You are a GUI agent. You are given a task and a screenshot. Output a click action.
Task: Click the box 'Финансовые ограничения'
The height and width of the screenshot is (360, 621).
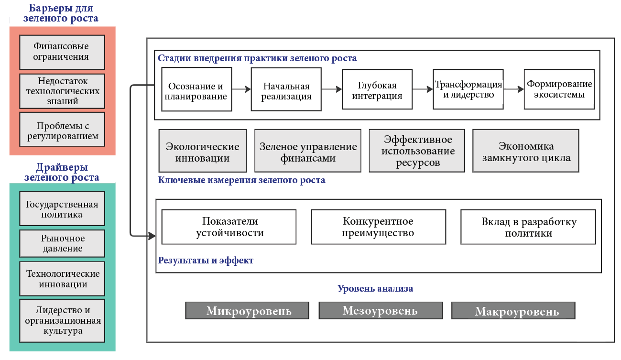pyautogui.click(x=62, y=52)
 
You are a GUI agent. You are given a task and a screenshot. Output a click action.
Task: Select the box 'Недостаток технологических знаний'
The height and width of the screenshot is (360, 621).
pyautogui.click(x=62, y=91)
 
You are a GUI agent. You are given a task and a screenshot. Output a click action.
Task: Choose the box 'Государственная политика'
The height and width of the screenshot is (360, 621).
pyautogui.click(x=62, y=209)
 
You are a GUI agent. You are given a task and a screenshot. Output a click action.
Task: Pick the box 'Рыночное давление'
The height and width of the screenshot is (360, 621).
pyautogui.click(x=62, y=243)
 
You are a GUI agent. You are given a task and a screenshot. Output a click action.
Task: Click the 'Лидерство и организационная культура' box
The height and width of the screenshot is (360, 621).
pyautogui.click(x=62, y=320)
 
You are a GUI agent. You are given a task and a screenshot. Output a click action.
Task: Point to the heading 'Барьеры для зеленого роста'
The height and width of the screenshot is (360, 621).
pyautogui.click(x=61, y=13)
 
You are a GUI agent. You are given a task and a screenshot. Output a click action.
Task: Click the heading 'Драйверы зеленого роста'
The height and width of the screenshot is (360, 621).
pyautogui.click(x=62, y=173)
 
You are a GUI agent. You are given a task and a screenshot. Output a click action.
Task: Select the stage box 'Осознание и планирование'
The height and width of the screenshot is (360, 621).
pyautogui.click(x=196, y=91)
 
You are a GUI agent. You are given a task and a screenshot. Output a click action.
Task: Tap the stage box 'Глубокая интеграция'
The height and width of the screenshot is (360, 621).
pyautogui.click(x=377, y=90)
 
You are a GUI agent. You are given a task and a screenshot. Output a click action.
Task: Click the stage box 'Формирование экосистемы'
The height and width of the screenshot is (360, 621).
pyautogui.click(x=559, y=89)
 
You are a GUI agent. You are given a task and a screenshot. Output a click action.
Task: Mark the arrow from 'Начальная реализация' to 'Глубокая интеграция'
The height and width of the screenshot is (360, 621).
pyautogui.click(x=332, y=89)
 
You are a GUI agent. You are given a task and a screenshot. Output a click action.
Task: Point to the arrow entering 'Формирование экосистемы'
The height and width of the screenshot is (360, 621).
pyautogui.click(x=514, y=89)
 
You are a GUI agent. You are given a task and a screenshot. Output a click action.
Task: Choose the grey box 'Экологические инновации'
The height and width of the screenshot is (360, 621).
pyautogui.click(x=202, y=152)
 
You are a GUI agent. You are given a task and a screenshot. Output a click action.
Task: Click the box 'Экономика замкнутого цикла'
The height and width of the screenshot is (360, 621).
pyautogui.click(x=526, y=152)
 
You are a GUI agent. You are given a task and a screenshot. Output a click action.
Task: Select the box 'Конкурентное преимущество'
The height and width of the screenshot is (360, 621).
pyautogui.click(x=378, y=227)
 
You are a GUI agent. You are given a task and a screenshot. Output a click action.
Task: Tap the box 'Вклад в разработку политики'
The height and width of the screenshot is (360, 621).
pyautogui.click(x=529, y=227)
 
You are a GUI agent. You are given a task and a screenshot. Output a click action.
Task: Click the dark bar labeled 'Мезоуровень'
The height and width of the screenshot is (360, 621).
pyautogui.click(x=380, y=311)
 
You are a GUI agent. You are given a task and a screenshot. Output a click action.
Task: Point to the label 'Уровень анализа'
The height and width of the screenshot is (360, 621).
pyautogui.click(x=375, y=289)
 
